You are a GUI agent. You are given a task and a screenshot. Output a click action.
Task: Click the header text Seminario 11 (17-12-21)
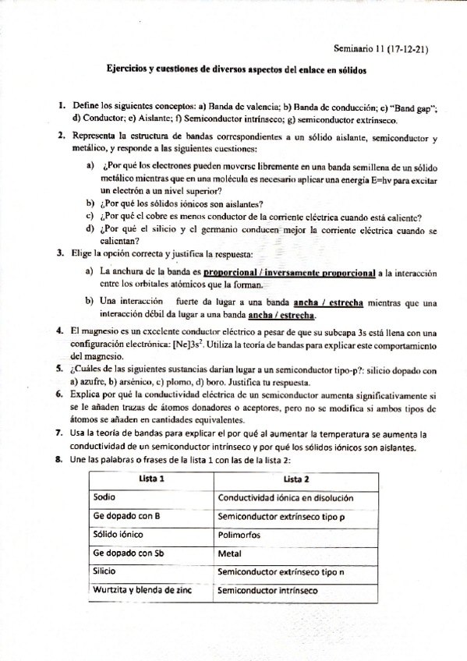380,48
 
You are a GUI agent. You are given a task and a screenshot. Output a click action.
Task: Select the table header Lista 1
151,478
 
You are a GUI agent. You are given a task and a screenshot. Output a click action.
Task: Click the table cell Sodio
104,497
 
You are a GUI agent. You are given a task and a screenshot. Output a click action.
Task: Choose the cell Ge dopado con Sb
129,553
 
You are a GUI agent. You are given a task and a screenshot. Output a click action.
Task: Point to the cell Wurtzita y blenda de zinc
142,590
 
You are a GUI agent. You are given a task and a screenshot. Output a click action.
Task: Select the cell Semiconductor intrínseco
267,590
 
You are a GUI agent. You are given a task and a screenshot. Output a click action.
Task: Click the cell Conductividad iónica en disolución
286,497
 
